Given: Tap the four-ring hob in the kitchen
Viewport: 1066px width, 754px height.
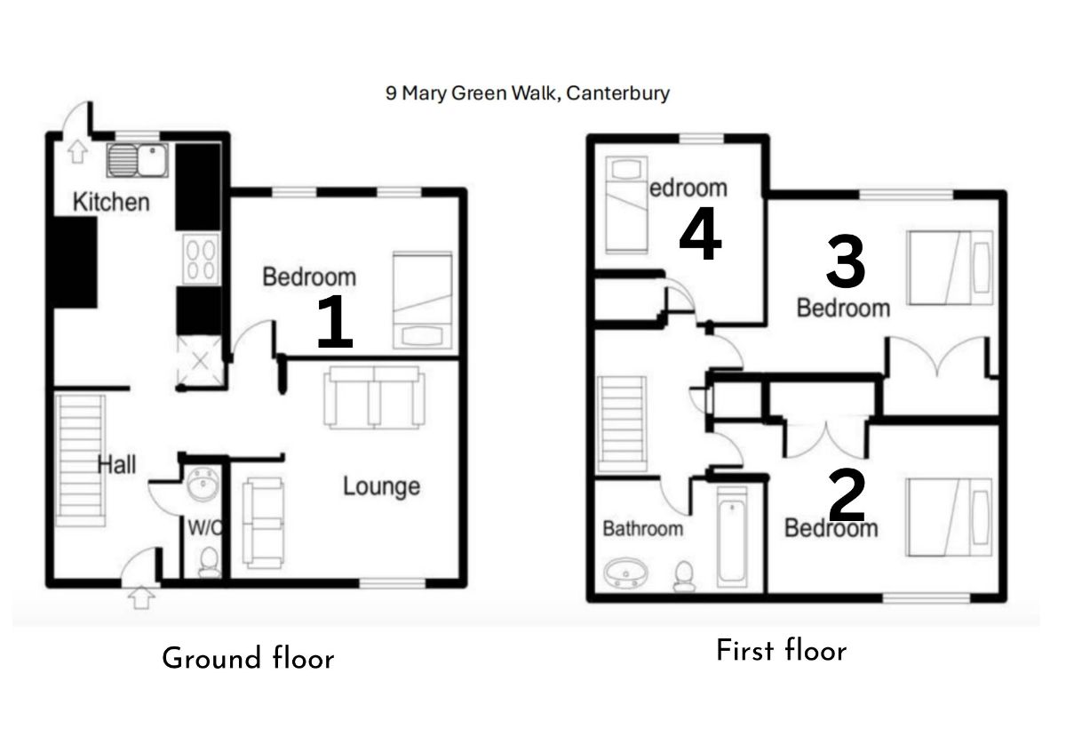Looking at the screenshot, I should [201, 259].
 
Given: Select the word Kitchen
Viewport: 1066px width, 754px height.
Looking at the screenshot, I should [111, 202].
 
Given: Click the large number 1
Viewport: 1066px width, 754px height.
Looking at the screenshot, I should [335, 323].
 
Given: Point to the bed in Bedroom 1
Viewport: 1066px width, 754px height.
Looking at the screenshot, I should [423, 300].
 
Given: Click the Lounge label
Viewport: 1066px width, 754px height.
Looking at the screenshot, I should [381, 486].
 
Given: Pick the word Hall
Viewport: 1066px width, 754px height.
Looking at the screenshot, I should [116, 463].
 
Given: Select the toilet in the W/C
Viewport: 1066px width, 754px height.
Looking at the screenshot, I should [209, 562].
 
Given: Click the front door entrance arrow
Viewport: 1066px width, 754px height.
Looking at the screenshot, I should [139, 597].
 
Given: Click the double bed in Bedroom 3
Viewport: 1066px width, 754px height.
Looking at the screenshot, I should [950, 267].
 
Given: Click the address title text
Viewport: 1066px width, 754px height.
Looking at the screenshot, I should [527, 92].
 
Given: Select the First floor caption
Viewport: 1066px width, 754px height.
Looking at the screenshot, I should [781, 651].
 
